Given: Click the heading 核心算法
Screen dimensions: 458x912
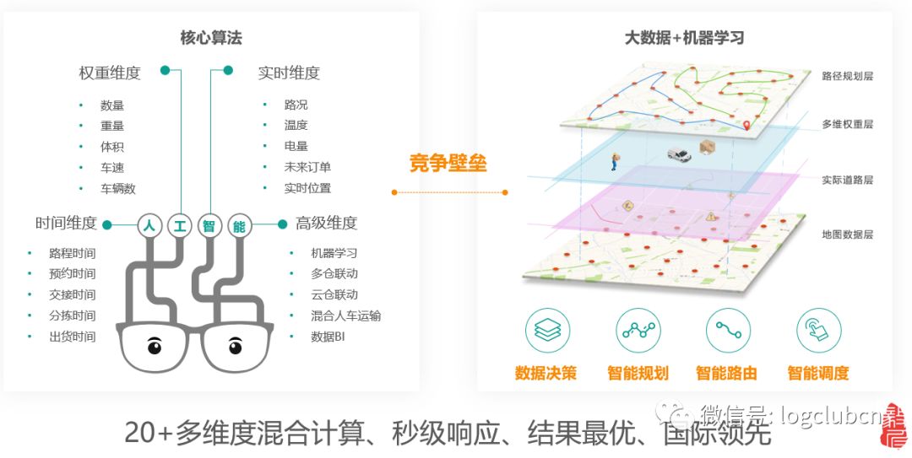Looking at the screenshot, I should pos(211,37).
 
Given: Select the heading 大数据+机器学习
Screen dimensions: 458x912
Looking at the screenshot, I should pos(684,37).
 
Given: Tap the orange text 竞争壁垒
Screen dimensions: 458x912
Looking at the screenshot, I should pos(448,163).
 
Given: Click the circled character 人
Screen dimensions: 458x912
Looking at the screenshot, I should pos(149,225).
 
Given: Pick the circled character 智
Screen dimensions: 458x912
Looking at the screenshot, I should pos(209,225).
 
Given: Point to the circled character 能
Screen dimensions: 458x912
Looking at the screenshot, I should pos(238,225).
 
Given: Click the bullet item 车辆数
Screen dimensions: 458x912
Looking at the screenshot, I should pos(118,188).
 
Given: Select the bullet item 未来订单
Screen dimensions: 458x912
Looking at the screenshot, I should pos(307,167).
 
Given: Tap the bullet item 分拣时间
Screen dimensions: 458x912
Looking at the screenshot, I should pos(72,315).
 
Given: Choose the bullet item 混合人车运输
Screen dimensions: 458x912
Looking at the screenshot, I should pos(345,315).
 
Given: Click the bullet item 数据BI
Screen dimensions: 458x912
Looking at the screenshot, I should pos(328,337).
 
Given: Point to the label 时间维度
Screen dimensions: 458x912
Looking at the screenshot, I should pos(66,224).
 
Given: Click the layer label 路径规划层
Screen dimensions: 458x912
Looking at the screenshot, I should pos(847,76).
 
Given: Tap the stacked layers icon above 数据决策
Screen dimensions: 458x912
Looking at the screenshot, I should pos(547,331).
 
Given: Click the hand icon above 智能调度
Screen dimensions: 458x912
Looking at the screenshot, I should pos(818,331).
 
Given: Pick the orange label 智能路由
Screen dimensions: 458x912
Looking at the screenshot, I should pos(726,373).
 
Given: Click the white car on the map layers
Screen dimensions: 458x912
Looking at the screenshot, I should pos(678,155).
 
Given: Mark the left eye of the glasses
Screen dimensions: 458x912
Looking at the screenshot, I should pos(155,345).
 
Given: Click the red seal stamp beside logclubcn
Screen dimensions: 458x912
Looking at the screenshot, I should pos(891,426).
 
